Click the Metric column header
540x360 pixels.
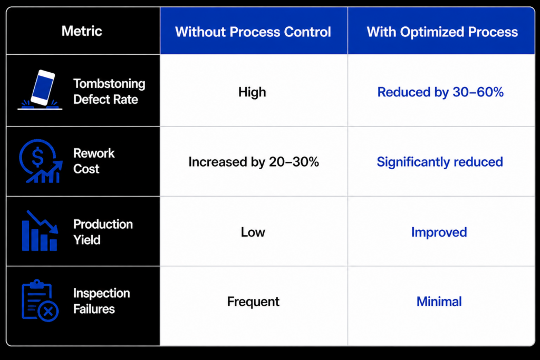(82, 31)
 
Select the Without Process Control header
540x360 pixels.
(253, 32)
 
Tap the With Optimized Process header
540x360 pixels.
(442, 32)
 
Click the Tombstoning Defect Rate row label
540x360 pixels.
(109, 92)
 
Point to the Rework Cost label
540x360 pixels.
(94, 161)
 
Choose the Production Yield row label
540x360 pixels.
(103, 232)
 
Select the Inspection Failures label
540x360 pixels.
(102, 301)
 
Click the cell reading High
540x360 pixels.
(252, 92)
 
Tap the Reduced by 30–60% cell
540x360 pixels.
(440, 92)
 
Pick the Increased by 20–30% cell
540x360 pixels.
(254, 162)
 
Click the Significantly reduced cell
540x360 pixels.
(440, 162)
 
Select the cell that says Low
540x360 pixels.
(253, 232)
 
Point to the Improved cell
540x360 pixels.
(439, 232)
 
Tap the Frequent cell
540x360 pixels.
(253, 302)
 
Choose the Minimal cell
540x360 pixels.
(439, 302)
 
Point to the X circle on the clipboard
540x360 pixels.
(48, 312)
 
